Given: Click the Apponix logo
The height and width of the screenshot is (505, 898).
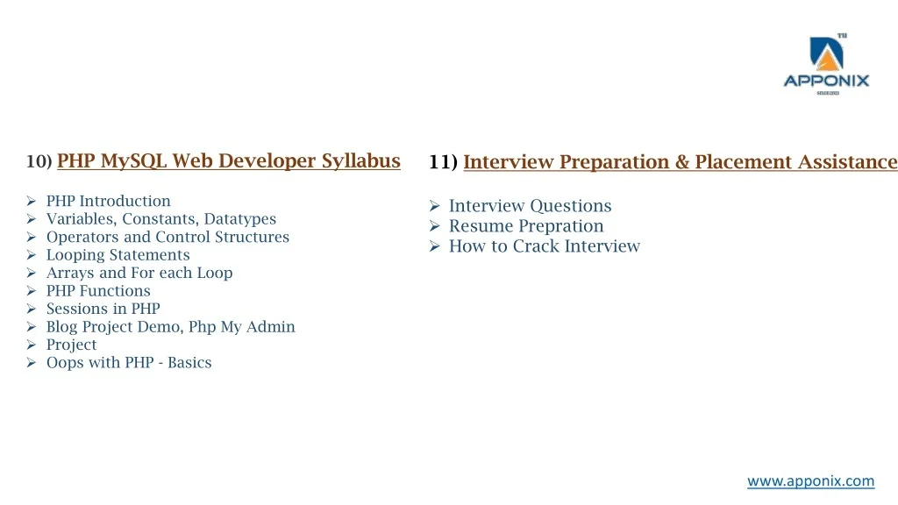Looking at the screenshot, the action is [826, 64].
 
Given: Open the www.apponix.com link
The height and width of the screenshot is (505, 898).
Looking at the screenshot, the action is [810, 481].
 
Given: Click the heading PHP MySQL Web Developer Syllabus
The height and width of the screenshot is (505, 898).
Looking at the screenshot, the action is [229, 161].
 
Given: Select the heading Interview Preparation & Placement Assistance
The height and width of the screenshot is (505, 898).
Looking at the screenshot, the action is [681, 162].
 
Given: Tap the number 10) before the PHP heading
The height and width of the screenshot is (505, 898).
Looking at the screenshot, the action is [39, 161].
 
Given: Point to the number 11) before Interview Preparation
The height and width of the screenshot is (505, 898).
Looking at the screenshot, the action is [443, 162].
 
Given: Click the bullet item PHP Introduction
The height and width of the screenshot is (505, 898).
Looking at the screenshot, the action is [108, 201].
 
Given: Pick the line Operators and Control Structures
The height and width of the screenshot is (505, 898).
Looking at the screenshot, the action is [167, 237].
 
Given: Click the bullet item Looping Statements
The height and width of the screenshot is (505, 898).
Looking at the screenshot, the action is [118, 255].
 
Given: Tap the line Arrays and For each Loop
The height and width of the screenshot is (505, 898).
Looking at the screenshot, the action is [139, 274].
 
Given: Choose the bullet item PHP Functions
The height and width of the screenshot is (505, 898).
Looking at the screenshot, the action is [98, 291].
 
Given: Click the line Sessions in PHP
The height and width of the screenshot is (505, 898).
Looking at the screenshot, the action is [103, 309].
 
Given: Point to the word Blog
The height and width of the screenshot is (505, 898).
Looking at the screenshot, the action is [62, 327].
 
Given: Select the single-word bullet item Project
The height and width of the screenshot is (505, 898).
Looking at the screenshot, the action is [72, 345].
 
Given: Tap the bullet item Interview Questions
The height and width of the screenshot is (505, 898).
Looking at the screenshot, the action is [530, 206].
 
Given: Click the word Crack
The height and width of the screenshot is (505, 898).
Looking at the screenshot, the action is [536, 246].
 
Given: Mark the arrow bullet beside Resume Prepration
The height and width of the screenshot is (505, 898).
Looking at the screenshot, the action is [435, 226].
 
